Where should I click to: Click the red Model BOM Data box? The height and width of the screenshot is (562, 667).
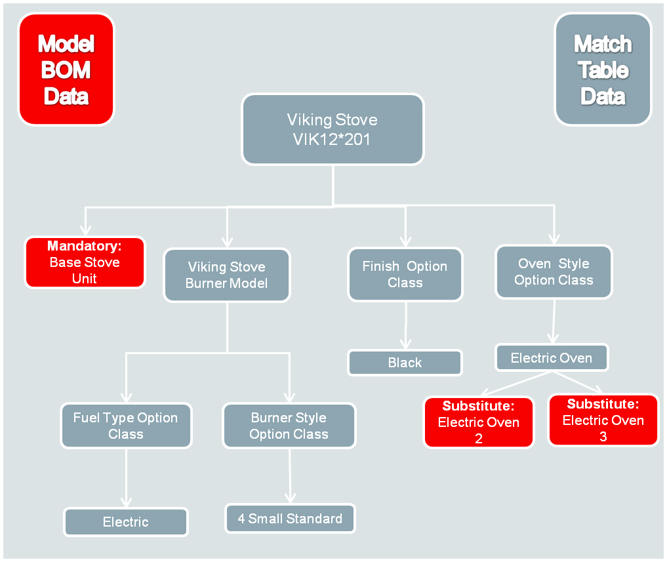[x=66, y=70]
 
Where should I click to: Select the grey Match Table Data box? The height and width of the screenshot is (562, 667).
[x=603, y=70]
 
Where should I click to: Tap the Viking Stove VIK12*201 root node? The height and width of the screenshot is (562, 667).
[x=333, y=129]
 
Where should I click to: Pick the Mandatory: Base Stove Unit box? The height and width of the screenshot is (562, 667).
[x=85, y=262]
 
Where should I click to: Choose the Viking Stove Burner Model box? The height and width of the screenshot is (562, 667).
[x=226, y=275]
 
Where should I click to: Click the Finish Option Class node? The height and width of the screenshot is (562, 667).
[x=405, y=274]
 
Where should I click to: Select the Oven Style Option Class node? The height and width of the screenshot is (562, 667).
[x=554, y=271]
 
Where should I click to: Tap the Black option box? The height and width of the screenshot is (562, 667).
[x=405, y=363]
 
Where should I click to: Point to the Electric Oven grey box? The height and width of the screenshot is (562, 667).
[x=551, y=358]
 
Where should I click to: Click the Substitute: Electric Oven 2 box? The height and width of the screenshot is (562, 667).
[x=479, y=422]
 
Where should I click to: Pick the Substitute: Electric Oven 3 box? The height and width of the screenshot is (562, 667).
[x=603, y=420]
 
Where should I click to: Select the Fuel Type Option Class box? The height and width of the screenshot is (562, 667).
[x=125, y=426]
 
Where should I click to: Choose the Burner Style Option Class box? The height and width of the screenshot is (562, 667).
[x=289, y=426]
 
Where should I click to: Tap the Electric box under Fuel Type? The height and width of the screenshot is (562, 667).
[x=126, y=522]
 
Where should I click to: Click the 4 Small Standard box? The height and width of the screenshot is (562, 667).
[x=290, y=519]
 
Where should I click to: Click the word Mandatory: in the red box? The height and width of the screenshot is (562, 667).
[x=85, y=247]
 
